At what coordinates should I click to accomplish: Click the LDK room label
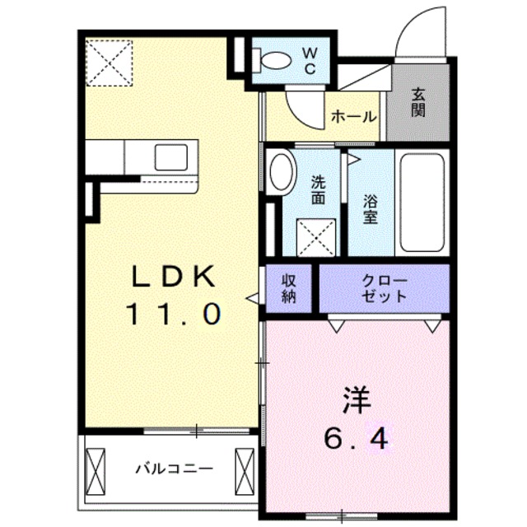[x=173, y=277]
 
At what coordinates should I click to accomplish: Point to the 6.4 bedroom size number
[x=357, y=441]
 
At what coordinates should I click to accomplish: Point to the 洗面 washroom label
[x=318, y=190]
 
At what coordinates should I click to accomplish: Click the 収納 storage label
[x=290, y=289]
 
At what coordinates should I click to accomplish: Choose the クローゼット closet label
[x=384, y=289]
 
